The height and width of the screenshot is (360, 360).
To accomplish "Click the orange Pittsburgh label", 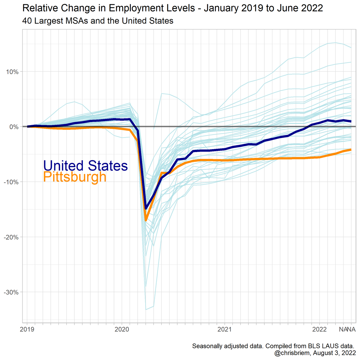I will tap(75, 177).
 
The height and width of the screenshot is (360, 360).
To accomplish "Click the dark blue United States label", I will tap(85, 166).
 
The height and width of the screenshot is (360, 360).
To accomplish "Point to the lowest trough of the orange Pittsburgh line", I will tap(146, 220).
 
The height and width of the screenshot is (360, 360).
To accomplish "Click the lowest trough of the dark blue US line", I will tap(146, 208).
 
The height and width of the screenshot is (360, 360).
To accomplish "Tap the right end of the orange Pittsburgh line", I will tap(351, 150).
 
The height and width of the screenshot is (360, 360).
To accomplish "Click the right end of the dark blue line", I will tap(351, 121).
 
